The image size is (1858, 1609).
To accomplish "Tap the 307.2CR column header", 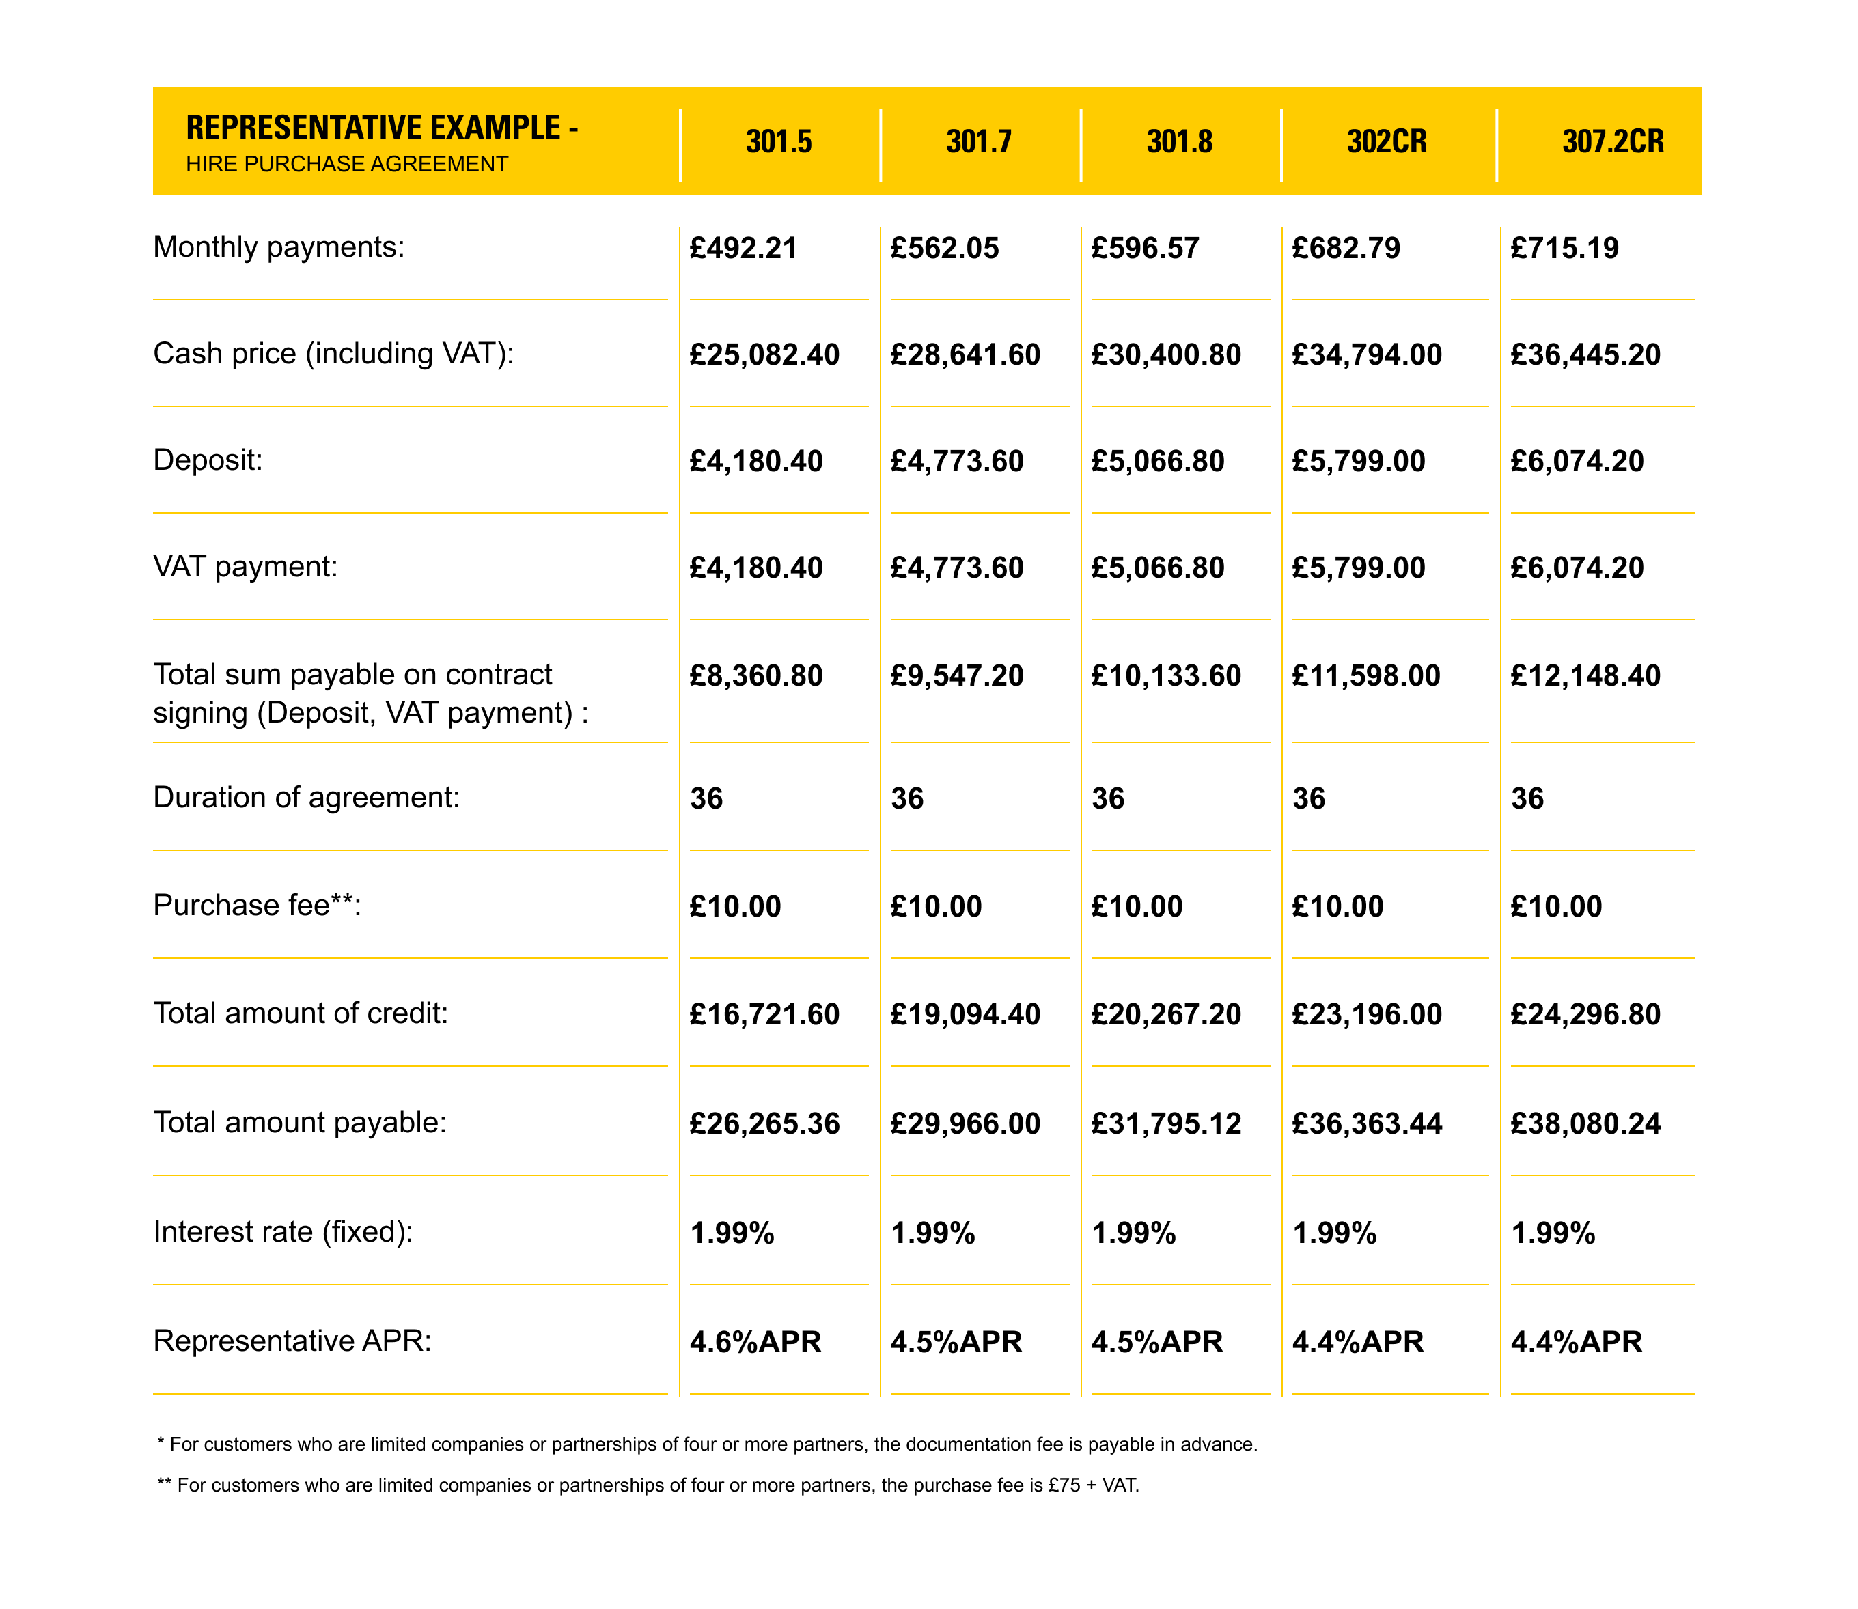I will [1612, 142].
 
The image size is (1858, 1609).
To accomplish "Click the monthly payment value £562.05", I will [944, 249].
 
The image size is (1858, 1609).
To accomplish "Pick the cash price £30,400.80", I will [1165, 354].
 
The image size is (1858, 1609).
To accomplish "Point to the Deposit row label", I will [208, 460].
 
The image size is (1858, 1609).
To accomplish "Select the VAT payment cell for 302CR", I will [1358, 568].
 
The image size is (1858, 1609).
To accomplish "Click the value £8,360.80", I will [755, 676].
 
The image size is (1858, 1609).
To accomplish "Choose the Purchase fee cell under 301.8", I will [1136, 907].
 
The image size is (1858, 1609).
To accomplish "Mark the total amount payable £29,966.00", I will [965, 1124].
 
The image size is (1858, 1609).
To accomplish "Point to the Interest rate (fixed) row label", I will [283, 1232].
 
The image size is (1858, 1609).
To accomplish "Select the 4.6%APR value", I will [755, 1343].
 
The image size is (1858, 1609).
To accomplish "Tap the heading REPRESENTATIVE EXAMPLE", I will [382, 128].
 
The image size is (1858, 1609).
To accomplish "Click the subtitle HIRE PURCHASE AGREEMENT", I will [346, 165].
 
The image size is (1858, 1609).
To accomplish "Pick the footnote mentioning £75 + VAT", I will [648, 1485].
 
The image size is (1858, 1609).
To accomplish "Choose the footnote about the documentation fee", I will [707, 1444].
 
